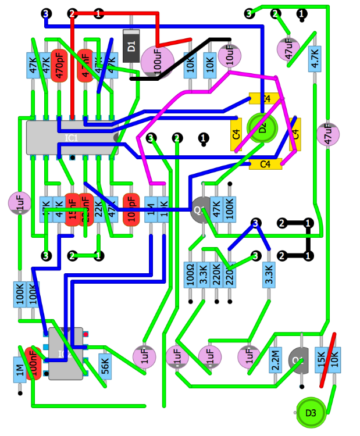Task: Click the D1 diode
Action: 131,44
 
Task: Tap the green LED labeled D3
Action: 311,412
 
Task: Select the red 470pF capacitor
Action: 58,65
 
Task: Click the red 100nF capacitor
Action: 34,363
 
